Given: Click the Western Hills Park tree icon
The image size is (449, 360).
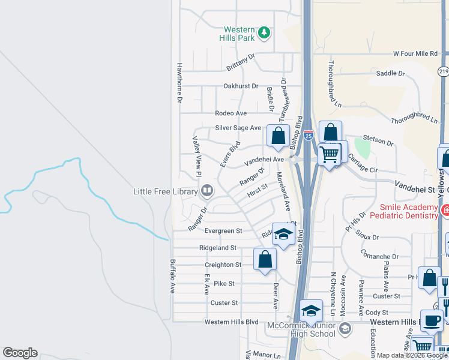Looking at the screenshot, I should click(x=264, y=34).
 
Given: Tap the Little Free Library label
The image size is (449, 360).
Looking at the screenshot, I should click(x=165, y=192).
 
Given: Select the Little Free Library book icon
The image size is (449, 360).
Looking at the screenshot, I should click(x=207, y=191).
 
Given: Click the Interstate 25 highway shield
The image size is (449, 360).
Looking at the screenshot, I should click(x=308, y=136).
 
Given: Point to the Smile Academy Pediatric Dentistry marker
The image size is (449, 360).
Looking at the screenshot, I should click(x=445, y=211).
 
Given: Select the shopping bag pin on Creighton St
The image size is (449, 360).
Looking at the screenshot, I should click(x=264, y=260).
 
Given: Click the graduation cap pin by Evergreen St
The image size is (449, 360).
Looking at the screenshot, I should click(x=283, y=234).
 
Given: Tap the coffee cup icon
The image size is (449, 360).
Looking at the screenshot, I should click(x=430, y=320).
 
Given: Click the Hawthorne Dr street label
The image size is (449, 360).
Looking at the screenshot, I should click(x=179, y=83).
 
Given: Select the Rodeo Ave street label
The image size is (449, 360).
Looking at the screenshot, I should click(x=231, y=113).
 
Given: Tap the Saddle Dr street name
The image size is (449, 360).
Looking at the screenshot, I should click(x=390, y=73).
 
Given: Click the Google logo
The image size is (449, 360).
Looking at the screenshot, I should click(x=20, y=353).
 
